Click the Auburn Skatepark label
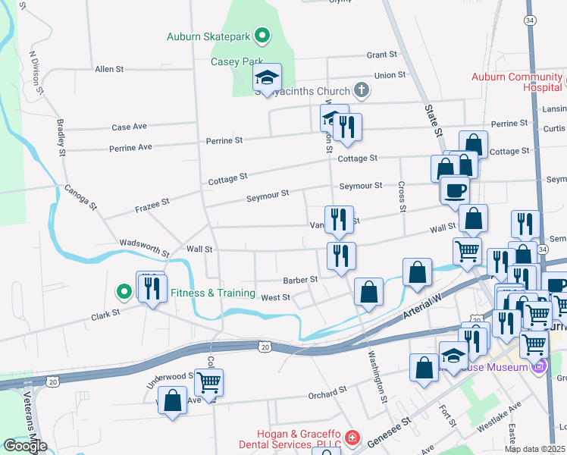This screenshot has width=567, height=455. tap(210, 36)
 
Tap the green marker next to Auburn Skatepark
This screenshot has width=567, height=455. tap(262, 35)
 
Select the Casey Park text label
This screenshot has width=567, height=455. tap(237, 61)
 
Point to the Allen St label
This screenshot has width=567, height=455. tap(109, 69)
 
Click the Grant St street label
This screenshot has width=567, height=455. tap(382, 55)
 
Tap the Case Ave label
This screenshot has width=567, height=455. tap(129, 127)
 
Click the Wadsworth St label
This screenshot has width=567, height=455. tap(144, 245)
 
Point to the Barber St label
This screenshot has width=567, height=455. tap(300, 279)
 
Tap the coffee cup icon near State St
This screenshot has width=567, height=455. tap(455, 190)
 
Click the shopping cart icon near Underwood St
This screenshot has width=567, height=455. tap(208, 383)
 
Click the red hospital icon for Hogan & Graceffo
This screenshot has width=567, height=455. tap(352, 438)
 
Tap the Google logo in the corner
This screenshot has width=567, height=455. tap(24, 446)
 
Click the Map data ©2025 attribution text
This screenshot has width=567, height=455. tap(534, 449)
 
